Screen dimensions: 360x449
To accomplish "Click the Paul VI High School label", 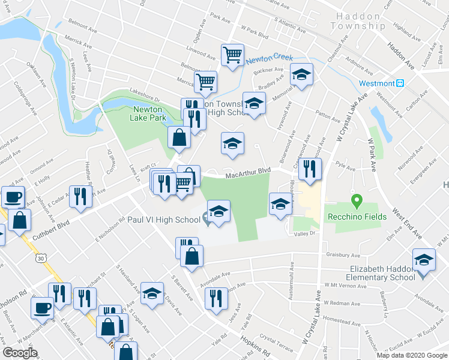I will (163, 220).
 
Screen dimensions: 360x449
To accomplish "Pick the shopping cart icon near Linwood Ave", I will (232, 55).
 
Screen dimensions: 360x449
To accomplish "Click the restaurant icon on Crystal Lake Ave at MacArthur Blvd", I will (310, 169).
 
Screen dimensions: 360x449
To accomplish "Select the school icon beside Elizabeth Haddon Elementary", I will (424, 260).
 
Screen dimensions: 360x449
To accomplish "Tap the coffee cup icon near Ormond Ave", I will (13, 197).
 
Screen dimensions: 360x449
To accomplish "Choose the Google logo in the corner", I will (20, 353).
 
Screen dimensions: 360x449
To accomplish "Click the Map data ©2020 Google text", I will (411, 355).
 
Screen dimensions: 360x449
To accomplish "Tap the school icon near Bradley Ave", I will (301, 75).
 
